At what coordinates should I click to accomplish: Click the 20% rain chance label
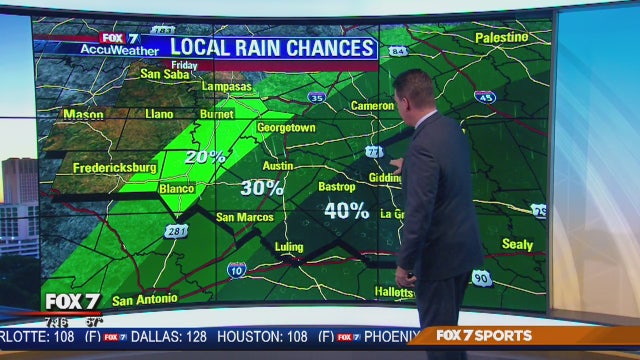tap(204, 157)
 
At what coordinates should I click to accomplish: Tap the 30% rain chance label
tap(262, 187)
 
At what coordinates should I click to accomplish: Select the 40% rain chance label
tap(347, 210)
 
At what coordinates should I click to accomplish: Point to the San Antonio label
tap(144, 299)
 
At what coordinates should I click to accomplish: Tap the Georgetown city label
tap(286, 128)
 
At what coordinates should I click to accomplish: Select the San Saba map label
tap(163, 73)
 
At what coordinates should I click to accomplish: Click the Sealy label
tap(517, 244)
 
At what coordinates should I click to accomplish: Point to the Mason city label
tap(83, 114)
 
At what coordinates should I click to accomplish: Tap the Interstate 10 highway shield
tap(236, 269)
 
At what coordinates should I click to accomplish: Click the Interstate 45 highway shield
tap(485, 97)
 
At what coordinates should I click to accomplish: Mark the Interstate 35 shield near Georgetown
tap(316, 97)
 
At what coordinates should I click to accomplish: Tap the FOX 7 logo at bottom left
tap(72, 301)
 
